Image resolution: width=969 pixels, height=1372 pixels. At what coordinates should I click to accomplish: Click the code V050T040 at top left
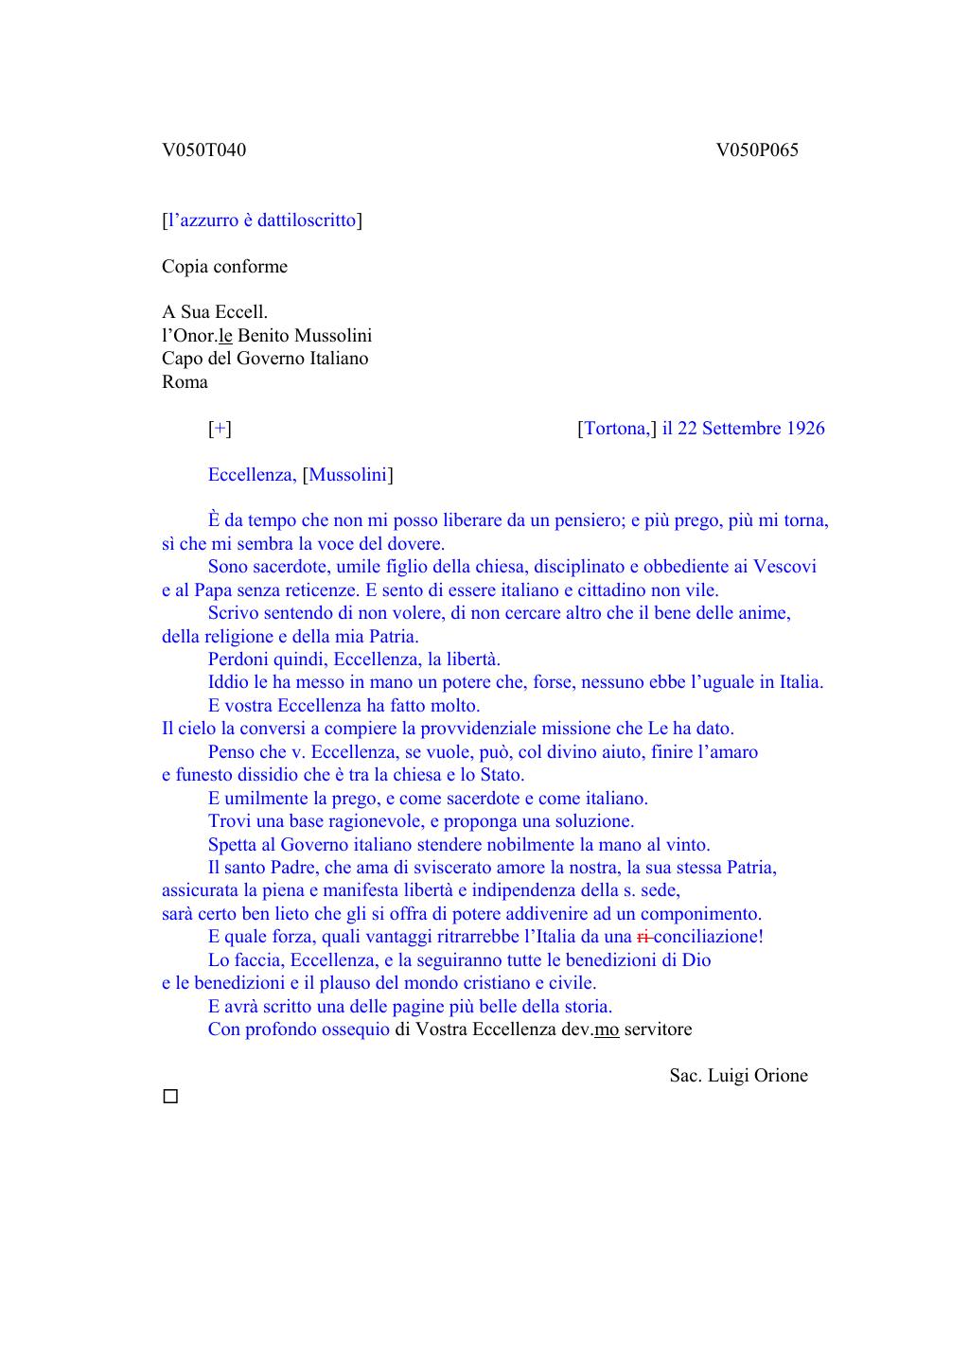[203, 150]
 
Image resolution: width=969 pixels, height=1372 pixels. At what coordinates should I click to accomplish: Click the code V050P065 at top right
[757, 150]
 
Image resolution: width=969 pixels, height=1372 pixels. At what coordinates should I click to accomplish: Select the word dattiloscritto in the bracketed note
[307, 220]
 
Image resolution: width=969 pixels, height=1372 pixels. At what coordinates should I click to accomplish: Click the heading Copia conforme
[224, 267]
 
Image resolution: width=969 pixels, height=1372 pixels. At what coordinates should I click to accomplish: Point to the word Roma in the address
[185, 382]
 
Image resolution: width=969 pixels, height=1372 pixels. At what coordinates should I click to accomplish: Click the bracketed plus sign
[220, 429]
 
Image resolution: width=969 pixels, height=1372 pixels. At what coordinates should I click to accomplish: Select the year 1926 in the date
[804, 429]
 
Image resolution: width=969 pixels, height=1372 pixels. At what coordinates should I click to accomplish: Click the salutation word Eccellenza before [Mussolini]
[251, 475]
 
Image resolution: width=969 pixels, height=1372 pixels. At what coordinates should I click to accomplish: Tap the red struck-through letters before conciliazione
[643, 937]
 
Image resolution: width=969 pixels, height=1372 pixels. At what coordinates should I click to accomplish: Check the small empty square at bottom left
[170, 1098]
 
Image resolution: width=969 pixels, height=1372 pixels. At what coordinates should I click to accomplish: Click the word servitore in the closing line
[658, 1029]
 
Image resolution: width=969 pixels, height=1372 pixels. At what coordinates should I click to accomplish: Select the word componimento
[700, 914]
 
